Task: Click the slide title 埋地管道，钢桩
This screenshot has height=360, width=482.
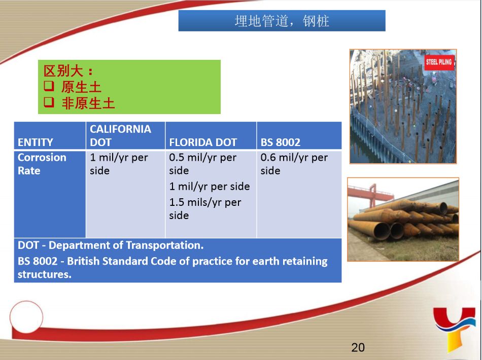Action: click(282, 21)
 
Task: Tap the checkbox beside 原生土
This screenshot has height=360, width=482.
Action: click(49, 86)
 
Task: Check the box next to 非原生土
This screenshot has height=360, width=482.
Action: click(49, 102)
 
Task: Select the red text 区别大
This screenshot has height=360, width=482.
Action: click(63, 71)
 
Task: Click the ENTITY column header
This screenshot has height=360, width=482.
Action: click(36, 142)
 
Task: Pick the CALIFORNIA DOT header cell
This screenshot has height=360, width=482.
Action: click(120, 135)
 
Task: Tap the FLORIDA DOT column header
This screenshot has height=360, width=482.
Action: click(203, 142)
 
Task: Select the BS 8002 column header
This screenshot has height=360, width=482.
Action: click(281, 142)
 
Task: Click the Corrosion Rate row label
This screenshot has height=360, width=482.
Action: click(42, 164)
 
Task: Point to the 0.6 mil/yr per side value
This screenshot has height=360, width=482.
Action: click(294, 164)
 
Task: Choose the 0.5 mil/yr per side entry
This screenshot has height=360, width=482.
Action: click(202, 164)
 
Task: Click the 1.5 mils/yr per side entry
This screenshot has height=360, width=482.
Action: click(205, 208)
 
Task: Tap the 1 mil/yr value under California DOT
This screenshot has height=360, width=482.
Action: click(119, 164)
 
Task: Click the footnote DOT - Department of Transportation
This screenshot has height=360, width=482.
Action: click(111, 245)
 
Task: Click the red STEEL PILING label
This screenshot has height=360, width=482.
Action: click(439, 62)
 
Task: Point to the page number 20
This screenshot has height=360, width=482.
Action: click(358, 347)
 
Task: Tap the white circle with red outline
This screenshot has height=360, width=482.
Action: click(26, 317)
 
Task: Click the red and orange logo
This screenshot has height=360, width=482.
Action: click(455, 328)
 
